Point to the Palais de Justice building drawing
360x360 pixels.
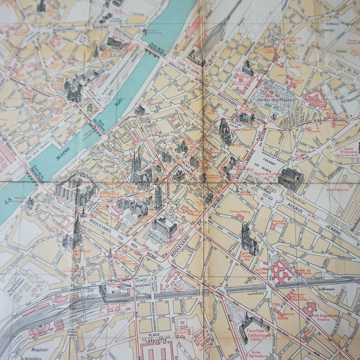[x=289, y=177]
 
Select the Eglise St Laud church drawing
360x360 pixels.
[x=73, y=234]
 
